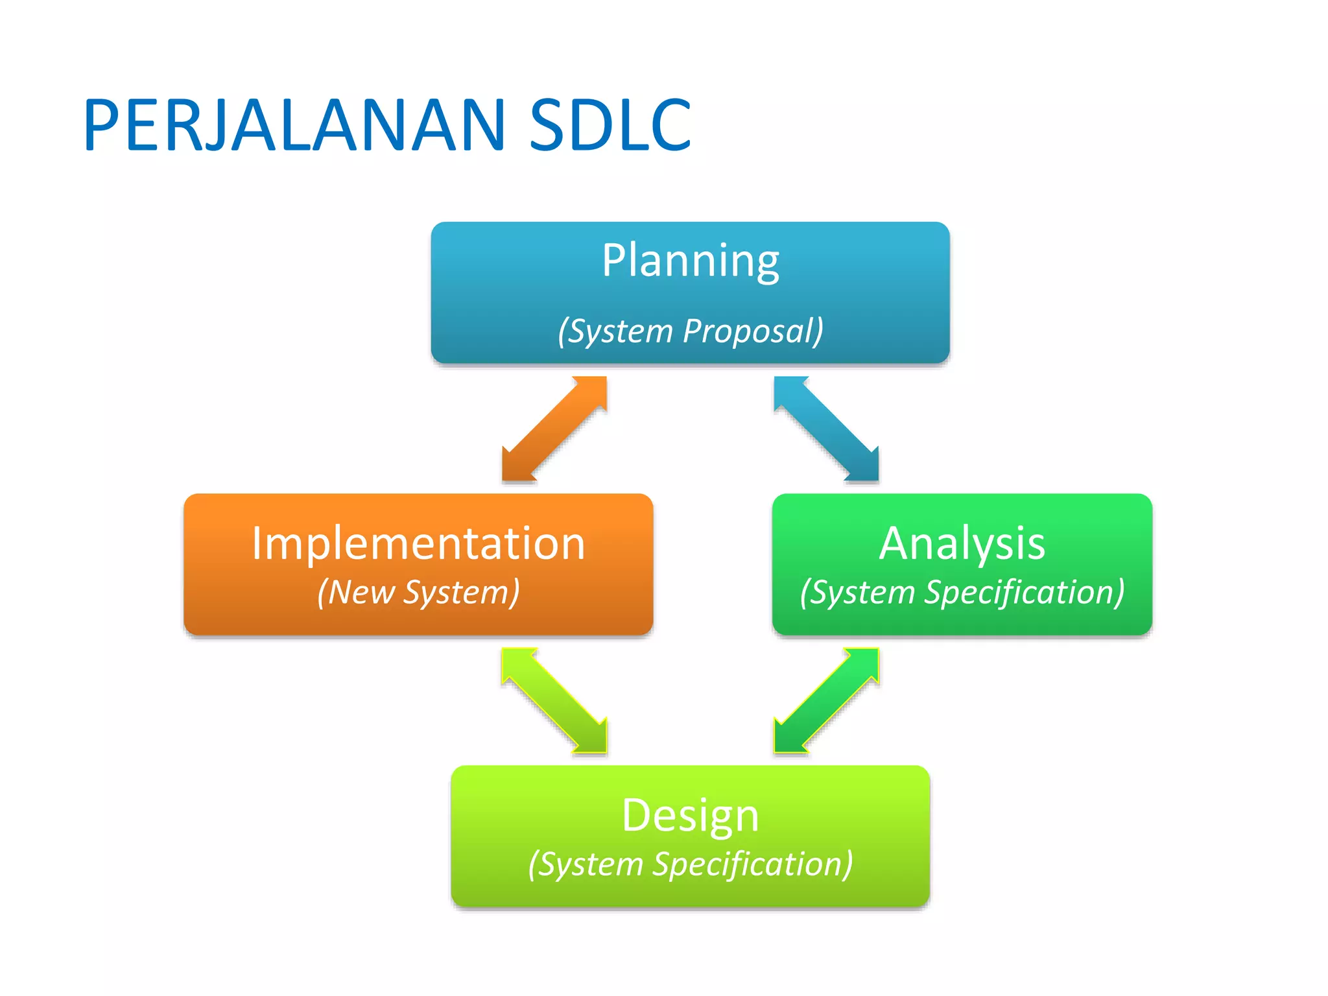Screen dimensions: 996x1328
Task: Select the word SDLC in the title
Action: [610, 125]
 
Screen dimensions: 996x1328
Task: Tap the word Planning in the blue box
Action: [690, 261]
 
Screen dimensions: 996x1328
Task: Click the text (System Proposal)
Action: [691, 331]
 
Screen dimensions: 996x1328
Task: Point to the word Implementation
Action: [418, 543]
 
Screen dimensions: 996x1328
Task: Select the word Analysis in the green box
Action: [962, 543]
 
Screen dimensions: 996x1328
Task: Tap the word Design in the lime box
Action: [690, 815]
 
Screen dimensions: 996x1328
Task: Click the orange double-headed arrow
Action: [554, 429]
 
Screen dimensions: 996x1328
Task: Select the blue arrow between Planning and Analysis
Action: [826, 429]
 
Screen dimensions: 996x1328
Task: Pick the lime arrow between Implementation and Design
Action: [554, 701]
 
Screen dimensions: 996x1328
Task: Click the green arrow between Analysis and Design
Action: [826, 701]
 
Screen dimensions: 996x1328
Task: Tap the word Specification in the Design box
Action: [752, 864]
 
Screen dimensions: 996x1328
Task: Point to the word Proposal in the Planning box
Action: [752, 331]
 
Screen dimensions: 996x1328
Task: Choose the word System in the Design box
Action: [590, 864]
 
